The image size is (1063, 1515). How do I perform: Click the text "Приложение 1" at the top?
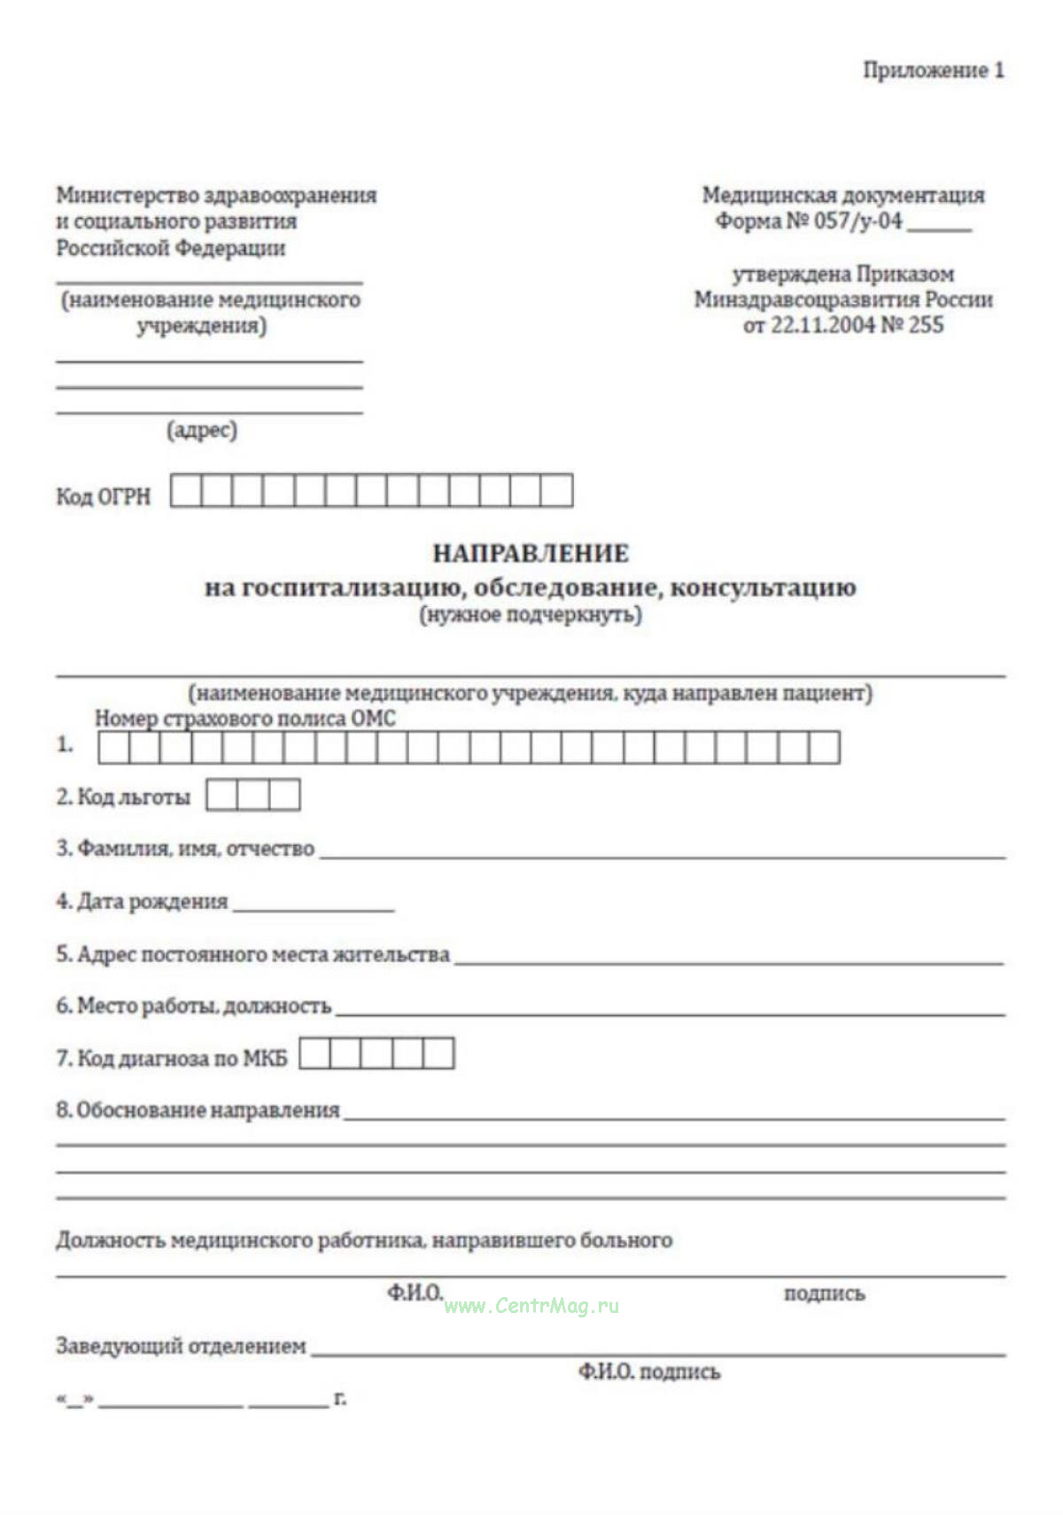[934, 70]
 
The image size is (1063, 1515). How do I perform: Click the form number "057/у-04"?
[857, 221]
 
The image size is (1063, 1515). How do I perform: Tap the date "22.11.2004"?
[822, 325]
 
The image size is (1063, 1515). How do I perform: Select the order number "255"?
[926, 325]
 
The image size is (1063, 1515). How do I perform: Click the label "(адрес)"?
[202, 431]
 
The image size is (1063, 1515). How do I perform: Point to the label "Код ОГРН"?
[104, 496]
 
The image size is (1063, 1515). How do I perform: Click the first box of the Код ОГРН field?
[186, 490]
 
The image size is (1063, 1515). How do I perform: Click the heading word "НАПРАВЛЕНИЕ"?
[531, 554]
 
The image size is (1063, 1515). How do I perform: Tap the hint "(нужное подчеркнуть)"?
[531, 614]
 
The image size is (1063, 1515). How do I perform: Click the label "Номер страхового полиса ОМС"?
[245, 719]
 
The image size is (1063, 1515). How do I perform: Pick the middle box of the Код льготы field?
[253, 795]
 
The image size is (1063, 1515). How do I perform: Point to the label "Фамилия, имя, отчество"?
[195, 849]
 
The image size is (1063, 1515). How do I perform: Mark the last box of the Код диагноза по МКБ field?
[438, 1053]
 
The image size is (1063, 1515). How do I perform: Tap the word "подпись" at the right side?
[824, 1294]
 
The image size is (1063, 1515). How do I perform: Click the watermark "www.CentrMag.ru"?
[531, 1306]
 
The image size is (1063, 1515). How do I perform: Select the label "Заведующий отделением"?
[182, 1346]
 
